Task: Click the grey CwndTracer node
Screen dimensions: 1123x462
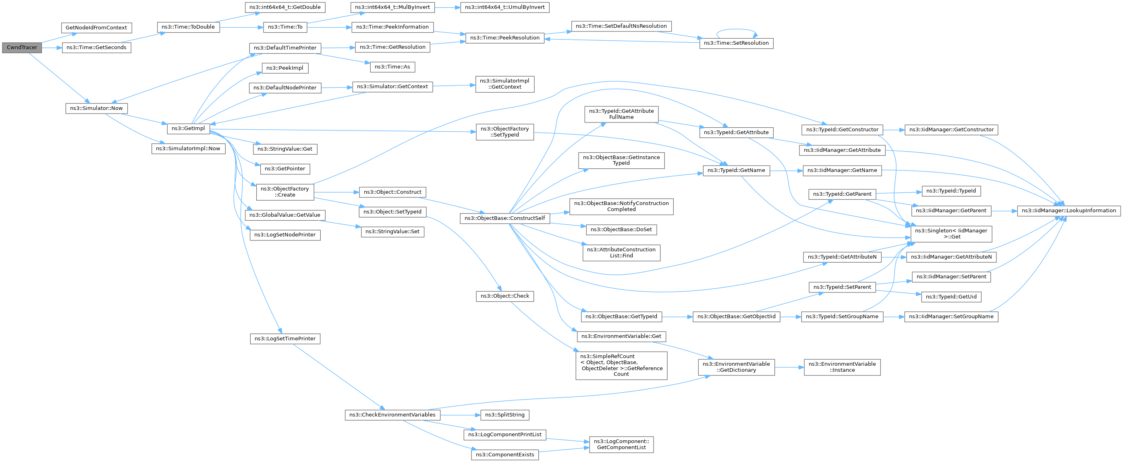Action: pyautogui.click(x=22, y=48)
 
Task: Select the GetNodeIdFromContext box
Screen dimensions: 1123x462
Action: pyautogui.click(x=96, y=27)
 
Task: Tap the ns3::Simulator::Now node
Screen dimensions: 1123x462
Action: pyautogui.click(x=96, y=108)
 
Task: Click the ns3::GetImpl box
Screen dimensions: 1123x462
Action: pyautogui.click(x=188, y=128)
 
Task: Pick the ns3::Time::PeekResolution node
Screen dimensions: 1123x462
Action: pyautogui.click(x=505, y=38)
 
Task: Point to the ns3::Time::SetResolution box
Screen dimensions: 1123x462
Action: pyautogui.click(x=736, y=43)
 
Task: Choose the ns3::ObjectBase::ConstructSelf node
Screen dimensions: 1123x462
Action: pyautogui.click(x=505, y=218)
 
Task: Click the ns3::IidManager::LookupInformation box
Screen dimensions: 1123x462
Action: pyautogui.click(x=1069, y=211)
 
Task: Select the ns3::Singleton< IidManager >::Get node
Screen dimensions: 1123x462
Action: pyautogui.click(x=951, y=234)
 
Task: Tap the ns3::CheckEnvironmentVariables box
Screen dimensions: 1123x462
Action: pyautogui.click(x=392, y=415)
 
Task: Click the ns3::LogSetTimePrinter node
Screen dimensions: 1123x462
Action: pyautogui.click(x=285, y=339)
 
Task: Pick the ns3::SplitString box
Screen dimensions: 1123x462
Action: pyautogui.click(x=505, y=415)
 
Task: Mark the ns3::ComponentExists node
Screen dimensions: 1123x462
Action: pyautogui.click(x=505, y=455)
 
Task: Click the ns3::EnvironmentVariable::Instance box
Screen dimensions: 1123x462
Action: pyautogui.click(x=842, y=367)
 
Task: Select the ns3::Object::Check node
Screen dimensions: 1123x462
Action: pyautogui.click(x=505, y=296)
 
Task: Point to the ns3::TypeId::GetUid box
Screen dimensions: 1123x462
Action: pyautogui.click(x=951, y=297)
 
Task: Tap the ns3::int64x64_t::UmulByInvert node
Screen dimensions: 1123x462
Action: pyautogui.click(x=505, y=7)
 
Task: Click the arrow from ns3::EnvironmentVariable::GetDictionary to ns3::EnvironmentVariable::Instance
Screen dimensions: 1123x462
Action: pyautogui.click(x=789, y=367)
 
